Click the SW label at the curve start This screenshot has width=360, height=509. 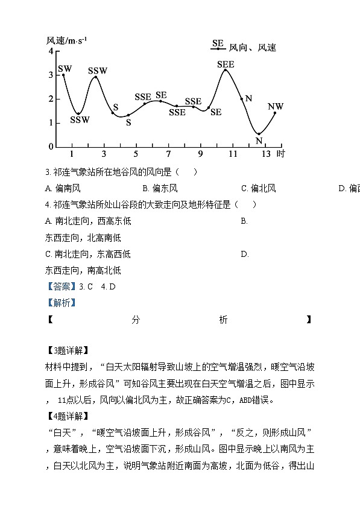click(x=65, y=69)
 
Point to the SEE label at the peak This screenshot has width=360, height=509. click(x=226, y=64)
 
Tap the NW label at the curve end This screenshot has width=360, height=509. click(x=276, y=107)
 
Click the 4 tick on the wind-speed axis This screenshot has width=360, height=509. click(x=51, y=51)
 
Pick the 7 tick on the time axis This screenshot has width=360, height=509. click(x=168, y=154)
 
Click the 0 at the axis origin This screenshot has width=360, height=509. click(x=51, y=147)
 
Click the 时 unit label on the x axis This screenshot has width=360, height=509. click(x=280, y=154)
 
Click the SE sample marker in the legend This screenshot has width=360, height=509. click(x=218, y=44)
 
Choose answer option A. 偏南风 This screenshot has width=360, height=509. click(x=63, y=188)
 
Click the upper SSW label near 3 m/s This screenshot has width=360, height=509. click(x=97, y=71)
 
